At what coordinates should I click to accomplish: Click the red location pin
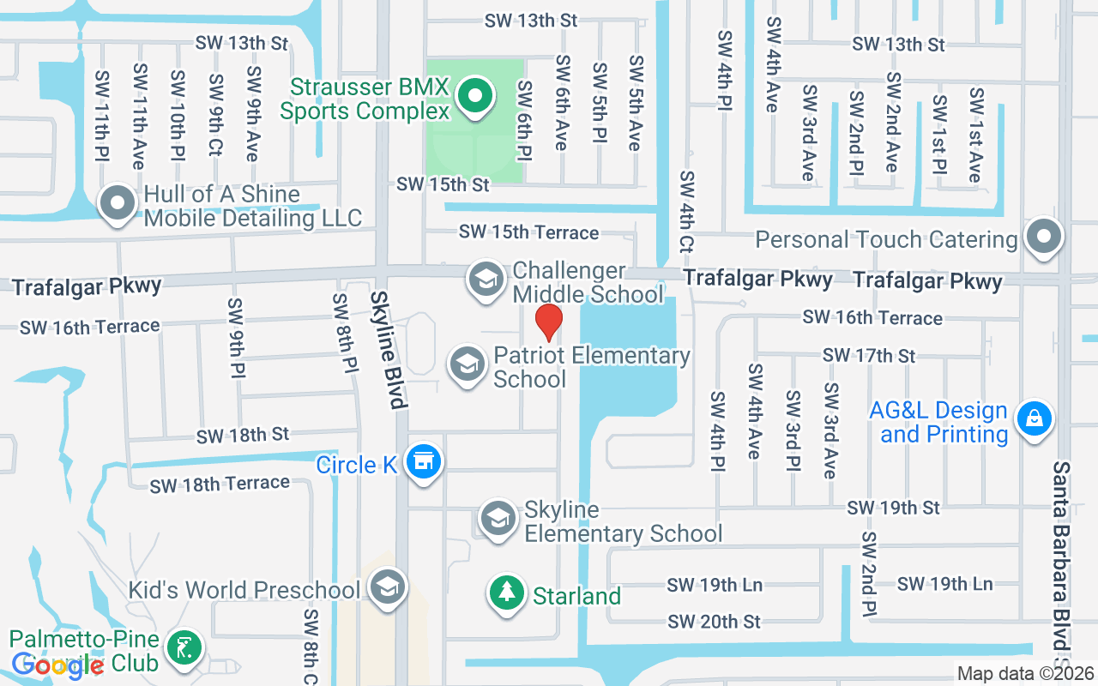[549, 322]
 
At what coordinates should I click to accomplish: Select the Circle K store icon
[422, 463]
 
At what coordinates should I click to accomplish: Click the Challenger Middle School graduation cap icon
[486, 280]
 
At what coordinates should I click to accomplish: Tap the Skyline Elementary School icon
[498, 519]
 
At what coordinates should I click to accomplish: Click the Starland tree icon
[507, 593]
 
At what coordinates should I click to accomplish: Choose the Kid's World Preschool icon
[387, 588]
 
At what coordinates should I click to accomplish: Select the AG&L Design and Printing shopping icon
[1034, 419]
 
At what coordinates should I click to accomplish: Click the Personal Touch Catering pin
[1043, 236]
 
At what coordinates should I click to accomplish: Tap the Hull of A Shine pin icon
[118, 204]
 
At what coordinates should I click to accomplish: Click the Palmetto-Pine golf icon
[184, 648]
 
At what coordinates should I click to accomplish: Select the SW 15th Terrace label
[528, 232]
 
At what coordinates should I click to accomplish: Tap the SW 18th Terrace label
[220, 484]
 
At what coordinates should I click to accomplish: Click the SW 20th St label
[714, 621]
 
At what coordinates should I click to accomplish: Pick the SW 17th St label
[869, 355]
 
